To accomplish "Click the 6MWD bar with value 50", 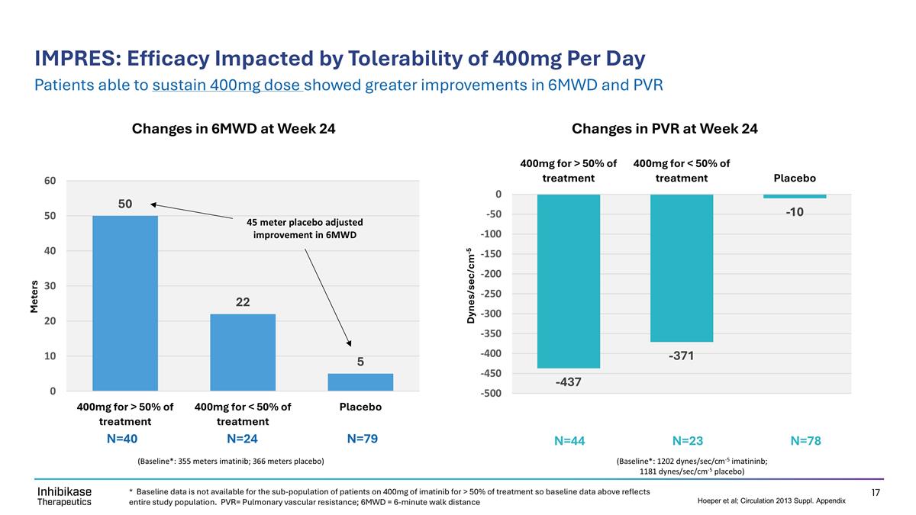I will click(125, 303).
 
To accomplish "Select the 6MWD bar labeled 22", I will click(243, 352).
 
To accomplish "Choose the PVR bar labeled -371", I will click(682, 268).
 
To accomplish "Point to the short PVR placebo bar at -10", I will click(795, 196).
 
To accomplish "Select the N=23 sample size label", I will click(688, 440).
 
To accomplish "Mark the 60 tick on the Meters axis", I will click(50, 181).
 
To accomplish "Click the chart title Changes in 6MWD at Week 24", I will click(234, 129).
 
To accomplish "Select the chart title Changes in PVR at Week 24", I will click(665, 129).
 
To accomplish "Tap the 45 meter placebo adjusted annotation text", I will click(305, 228).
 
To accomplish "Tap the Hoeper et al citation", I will click(771, 501).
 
